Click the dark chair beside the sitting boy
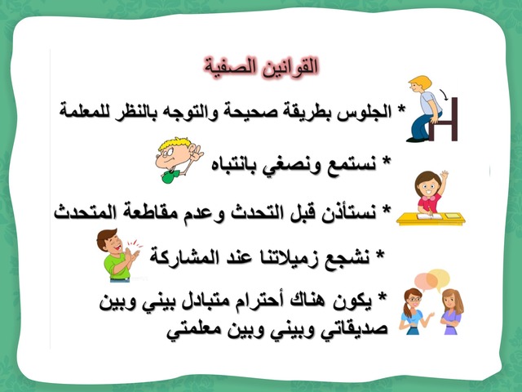pos(444,121)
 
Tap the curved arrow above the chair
pos(444,94)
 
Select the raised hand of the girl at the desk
pos(444,174)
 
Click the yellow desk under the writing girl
pos(431,219)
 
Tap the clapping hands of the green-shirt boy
pos(132,255)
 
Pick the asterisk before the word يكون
pos(383,296)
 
